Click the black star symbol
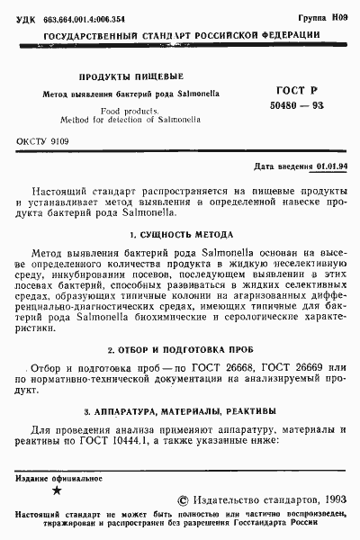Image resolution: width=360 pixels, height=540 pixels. pyautogui.click(x=58, y=491)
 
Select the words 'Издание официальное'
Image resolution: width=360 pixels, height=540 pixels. pyautogui.click(x=54, y=478)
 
